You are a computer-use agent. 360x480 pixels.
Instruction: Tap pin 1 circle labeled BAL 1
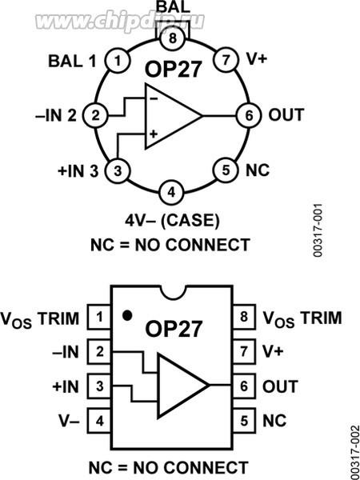(118, 60)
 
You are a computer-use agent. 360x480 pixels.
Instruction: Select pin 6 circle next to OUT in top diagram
(249, 115)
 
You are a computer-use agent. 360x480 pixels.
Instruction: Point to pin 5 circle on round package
(226, 170)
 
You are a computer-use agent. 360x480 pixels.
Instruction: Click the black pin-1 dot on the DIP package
(127, 314)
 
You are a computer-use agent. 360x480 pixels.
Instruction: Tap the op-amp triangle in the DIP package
(181, 386)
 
